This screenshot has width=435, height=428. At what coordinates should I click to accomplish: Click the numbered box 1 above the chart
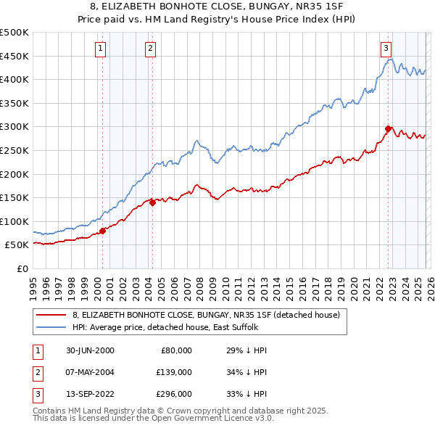click(99, 49)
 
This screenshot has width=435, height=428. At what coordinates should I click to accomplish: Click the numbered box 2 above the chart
click(150, 49)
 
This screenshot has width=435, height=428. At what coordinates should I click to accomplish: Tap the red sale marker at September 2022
click(388, 128)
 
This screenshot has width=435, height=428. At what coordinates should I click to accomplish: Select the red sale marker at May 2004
click(153, 203)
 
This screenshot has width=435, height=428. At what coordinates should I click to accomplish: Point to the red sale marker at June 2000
click(102, 231)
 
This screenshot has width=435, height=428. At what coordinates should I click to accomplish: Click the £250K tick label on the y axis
click(14, 150)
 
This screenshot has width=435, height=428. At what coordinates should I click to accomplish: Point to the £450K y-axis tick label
click(14, 56)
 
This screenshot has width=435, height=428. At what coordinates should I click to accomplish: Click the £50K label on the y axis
click(17, 245)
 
